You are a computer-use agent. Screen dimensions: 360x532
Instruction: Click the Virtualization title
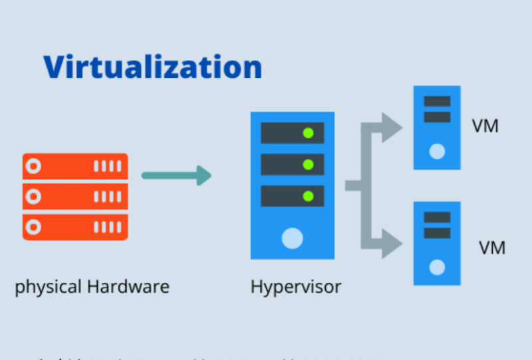coord(152,68)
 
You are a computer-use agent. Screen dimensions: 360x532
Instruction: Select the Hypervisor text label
coord(295,287)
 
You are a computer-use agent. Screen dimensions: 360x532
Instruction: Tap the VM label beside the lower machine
coord(492,248)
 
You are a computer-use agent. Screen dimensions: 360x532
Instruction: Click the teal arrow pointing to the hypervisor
coord(176,176)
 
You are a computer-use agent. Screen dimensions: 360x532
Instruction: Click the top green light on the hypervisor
coord(308,133)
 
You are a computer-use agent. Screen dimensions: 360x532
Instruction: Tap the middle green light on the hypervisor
coord(308,164)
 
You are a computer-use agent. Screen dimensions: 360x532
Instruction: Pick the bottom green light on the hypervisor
coord(308,196)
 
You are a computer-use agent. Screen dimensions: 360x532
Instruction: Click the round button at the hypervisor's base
coord(292,238)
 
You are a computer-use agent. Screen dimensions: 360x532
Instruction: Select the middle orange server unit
coord(75,196)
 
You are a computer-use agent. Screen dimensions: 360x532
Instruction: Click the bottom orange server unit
coord(75,227)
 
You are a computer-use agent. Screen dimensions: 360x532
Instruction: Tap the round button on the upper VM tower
coord(437,151)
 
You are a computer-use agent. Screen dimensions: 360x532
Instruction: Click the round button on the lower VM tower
coord(437,267)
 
